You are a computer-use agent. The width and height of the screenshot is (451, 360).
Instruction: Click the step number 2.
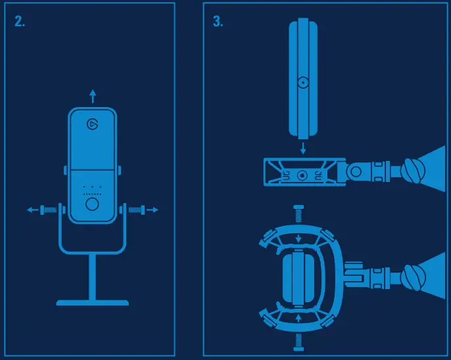(x=20, y=22)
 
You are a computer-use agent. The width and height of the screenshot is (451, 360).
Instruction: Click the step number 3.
(x=218, y=22)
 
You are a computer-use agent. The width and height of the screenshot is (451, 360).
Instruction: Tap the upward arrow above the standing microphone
(x=93, y=97)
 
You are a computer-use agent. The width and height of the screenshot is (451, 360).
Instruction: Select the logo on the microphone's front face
(x=92, y=124)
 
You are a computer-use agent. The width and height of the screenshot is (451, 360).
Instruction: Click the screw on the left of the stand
(x=49, y=210)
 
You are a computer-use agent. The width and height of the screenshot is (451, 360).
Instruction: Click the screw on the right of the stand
(x=135, y=210)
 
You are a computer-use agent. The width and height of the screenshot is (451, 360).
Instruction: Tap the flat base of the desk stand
(x=92, y=303)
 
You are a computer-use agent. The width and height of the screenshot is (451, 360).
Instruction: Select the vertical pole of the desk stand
(x=92, y=276)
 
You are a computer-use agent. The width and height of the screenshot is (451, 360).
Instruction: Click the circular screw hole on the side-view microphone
(x=302, y=83)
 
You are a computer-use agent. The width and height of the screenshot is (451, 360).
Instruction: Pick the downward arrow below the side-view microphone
(x=302, y=148)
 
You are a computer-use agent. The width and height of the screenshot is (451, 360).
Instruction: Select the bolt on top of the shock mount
(x=298, y=213)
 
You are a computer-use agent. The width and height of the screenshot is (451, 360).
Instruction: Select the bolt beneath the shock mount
(x=298, y=340)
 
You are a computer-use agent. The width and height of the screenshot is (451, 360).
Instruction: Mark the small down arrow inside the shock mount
(x=299, y=238)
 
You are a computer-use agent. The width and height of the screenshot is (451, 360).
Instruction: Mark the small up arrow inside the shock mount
(x=299, y=317)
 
